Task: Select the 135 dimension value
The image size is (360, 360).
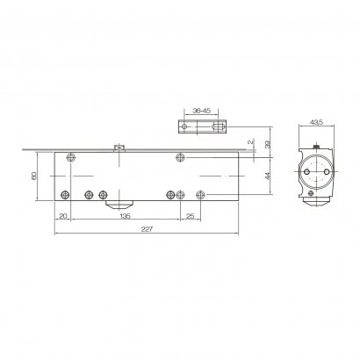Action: (x=125, y=215)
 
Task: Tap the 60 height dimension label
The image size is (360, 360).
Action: (x=35, y=177)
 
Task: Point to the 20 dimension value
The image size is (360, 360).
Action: (x=63, y=215)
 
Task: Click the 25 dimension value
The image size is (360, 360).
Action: (x=190, y=215)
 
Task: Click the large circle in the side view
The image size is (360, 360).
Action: (x=315, y=171)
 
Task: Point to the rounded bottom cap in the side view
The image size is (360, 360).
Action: (x=316, y=201)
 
